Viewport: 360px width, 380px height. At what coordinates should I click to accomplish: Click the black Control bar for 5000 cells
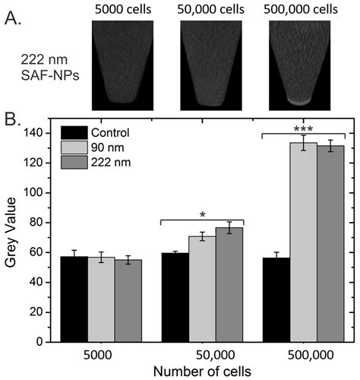[74, 299]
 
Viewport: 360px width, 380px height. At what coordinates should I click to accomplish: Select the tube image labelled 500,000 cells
[304, 65]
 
